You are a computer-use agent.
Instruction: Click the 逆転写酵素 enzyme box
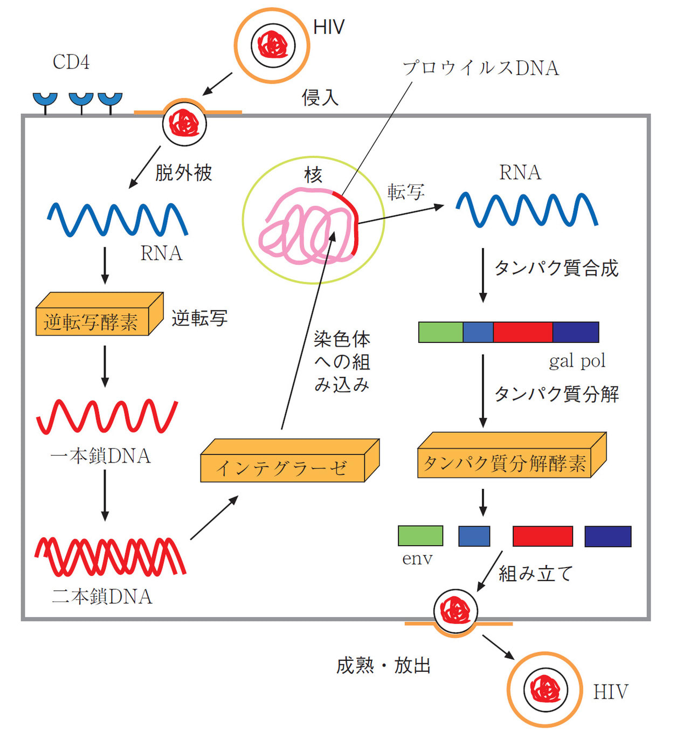92,321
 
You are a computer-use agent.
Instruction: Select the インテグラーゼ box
282,467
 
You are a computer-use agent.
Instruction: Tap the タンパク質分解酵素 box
505,463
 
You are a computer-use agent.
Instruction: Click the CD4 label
71,63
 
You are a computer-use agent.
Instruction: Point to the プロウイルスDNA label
481,68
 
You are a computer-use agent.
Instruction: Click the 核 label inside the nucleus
313,175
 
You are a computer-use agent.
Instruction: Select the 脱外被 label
183,173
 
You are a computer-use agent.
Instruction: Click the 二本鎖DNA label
102,596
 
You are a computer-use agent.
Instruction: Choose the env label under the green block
417,559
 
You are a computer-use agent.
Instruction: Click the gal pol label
577,361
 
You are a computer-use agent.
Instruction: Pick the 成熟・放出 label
383,665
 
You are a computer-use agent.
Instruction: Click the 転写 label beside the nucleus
406,192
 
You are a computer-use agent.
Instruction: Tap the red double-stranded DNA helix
111,556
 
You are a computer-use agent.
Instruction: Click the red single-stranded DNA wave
107,416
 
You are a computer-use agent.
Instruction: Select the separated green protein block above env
420,536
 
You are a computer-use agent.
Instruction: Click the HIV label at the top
329,27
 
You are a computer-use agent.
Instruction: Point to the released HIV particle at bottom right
545,689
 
